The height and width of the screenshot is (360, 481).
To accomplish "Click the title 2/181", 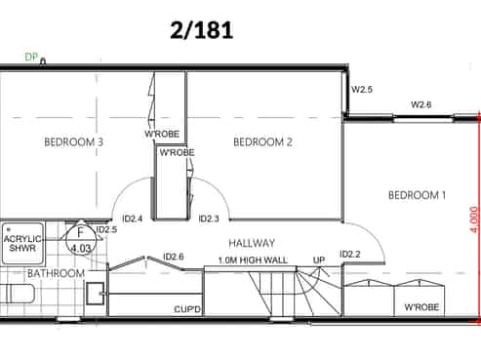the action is [202, 30].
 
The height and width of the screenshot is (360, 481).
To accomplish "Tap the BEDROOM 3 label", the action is [74, 142].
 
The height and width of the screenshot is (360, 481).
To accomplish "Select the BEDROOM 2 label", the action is [262, 142].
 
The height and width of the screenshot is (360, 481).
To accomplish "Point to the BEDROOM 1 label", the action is [417, 195].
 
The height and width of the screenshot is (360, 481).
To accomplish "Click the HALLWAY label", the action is [252, 243].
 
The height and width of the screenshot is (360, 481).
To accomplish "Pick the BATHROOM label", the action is [56, 273].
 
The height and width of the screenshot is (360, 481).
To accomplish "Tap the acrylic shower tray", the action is [22, 244].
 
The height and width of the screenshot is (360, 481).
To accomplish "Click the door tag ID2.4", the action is [133, 219].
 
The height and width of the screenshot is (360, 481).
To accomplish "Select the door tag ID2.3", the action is [209, 219].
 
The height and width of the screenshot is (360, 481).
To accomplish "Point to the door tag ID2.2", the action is [350, 254].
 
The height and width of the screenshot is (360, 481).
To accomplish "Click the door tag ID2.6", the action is [174, 257].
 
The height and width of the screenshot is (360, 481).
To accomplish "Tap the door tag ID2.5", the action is [107, 229].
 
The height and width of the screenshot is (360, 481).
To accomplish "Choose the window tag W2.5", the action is [362, 90].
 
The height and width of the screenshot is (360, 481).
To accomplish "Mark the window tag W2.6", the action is [421, 104].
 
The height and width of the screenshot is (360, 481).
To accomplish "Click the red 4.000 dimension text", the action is [474, 220].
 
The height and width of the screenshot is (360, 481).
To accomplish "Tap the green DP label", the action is [31, 58].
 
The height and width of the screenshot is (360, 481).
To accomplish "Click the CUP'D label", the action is [187, 309].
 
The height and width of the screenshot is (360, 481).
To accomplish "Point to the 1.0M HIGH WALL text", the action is [253, 260].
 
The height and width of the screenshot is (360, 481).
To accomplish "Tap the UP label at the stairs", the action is [319, 260].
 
